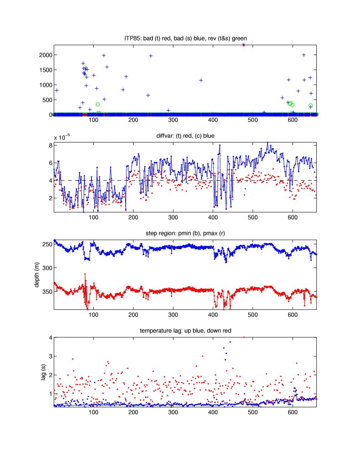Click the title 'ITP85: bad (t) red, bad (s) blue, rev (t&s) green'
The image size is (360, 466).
click(185, 40)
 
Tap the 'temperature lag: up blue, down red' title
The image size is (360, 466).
click(185, 331)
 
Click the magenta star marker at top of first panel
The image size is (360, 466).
click(244, 45)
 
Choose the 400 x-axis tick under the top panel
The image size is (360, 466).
click(213, 121)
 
